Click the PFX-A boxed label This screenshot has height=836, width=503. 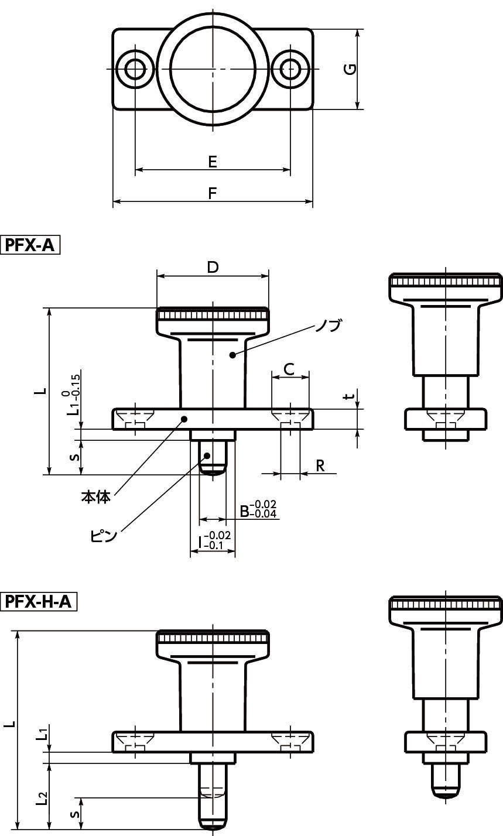pyautogui.click(x=30, y=245)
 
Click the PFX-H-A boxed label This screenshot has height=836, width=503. pyautogui.click(x=39, y=602)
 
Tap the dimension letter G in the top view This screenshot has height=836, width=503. pyautogui.click(x=350, y=69)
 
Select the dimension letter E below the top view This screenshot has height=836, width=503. pyautogui.click(x=212, y=162)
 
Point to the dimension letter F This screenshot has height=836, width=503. pyautogui.click(x=212, y=193)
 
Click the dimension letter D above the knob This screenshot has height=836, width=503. pyautogui.click(x=213, y=267)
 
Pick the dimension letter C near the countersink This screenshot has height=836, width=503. pyautogui.click(x=289, y=369)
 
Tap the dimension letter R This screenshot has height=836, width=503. pyautogui.click(x=320, y=465)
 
